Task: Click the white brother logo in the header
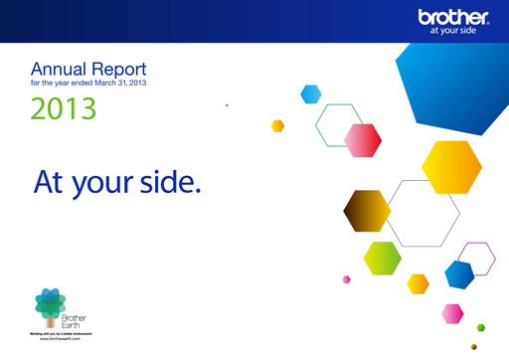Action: tap(454, 17)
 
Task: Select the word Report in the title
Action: tap(118, 71)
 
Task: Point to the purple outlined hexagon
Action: tap(479, 259)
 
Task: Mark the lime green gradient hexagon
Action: tap(382, 259)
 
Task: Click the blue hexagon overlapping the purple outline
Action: tap(458, 273)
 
